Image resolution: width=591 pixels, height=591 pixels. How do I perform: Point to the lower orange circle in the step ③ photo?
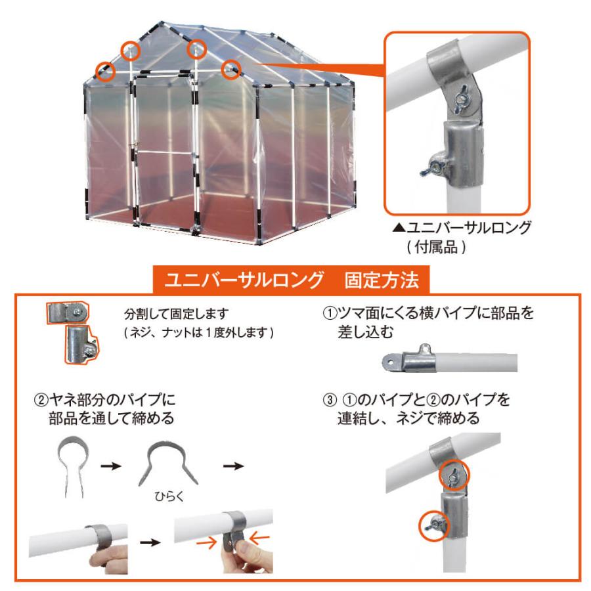click(x=433, y=525)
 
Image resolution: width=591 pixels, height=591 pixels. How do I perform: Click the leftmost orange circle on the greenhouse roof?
click(x=105, y=70)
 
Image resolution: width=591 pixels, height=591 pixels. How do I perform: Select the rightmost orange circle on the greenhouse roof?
click(x=231, y=68)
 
